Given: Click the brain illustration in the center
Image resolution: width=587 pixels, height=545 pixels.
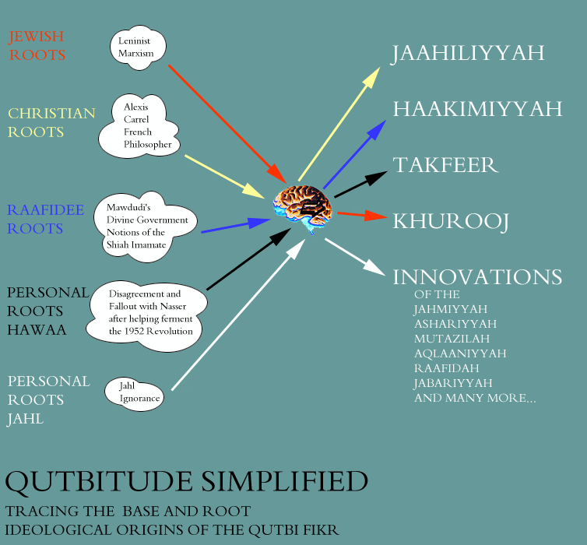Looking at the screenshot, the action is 303,209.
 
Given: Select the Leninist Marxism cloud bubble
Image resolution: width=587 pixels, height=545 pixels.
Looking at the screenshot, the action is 138,47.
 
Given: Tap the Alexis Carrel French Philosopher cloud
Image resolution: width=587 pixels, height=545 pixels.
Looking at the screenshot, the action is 139,126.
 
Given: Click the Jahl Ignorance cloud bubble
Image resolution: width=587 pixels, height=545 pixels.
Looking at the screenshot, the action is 134,394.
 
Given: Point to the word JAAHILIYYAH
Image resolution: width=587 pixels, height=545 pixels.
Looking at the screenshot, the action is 467,53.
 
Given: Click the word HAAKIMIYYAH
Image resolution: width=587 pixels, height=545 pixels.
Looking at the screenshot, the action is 477,109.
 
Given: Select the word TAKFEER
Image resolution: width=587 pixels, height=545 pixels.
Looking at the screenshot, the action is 445,165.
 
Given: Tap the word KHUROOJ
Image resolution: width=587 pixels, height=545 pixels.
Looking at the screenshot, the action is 451,222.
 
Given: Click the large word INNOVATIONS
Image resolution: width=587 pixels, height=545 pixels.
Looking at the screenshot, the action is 477,277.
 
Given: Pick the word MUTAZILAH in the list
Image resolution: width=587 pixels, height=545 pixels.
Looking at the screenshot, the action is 452,339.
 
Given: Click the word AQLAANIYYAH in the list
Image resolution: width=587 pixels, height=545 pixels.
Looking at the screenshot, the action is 460,353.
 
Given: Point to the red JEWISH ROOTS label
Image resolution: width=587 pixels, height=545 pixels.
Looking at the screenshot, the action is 37,46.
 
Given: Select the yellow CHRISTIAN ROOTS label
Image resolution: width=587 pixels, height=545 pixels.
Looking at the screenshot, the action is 51,123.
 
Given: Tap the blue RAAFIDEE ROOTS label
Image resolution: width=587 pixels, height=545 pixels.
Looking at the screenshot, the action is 45,219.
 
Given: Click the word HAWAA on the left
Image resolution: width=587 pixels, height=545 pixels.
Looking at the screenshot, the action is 37,330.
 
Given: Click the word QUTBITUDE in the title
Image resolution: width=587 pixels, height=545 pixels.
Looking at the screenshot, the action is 98,483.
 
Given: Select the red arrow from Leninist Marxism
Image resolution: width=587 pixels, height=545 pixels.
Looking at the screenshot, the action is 227,124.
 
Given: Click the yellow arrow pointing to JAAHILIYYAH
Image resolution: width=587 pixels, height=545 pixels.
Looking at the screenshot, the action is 339,124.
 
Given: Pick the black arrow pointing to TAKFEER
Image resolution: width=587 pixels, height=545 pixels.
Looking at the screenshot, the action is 360,185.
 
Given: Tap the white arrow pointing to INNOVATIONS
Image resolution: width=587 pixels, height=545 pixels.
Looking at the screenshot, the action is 355,257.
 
